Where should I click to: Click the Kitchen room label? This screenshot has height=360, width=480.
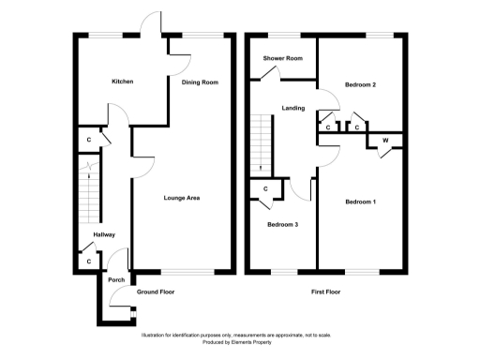(122, 82)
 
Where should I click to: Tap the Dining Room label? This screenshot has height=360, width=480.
(200, 82)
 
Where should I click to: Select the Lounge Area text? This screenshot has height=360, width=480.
(182, 198)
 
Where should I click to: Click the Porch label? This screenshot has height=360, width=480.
(116, 279)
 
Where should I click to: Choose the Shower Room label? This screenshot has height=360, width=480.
(282, 59)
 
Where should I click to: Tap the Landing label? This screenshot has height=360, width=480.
(293, 109)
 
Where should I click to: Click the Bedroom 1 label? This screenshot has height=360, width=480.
(360, 202)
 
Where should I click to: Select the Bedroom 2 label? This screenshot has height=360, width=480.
(360, 85)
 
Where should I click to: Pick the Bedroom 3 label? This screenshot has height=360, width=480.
(282, 225)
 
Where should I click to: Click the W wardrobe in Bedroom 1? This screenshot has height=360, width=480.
(384, 141)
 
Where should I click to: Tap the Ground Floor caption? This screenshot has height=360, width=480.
(156, 292)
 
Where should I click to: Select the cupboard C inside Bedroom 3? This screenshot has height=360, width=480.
(266, 189)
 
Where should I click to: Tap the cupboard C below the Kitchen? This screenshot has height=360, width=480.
(89, 140)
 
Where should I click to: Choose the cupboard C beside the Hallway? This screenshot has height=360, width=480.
(89, 262)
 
